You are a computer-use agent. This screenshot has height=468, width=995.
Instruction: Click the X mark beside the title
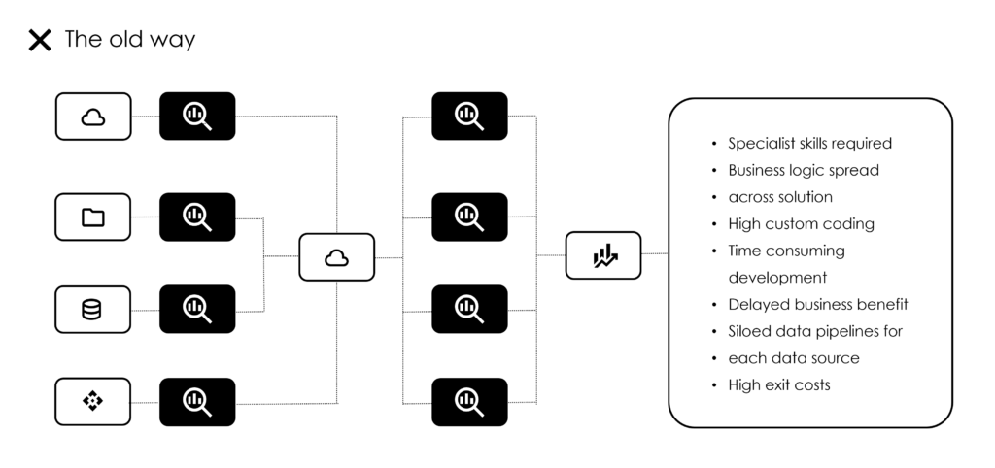pyautogui.click(x=39, y=40)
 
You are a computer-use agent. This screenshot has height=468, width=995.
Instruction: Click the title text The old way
pyautogui.click(x=130, y=39)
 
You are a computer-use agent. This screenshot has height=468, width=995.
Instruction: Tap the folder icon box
pyautogui.click(x=92, y=217)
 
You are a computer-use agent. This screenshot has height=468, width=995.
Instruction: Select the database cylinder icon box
pyautogui.click(x=92, y=310)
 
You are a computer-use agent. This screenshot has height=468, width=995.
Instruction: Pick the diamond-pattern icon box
pyautogui.click(x=92, y=401)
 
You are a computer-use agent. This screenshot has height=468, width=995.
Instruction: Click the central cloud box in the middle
pyautogui.click(x=337, y=257)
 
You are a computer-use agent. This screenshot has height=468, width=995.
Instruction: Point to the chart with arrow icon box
pyautogui.click(x=603, y=255)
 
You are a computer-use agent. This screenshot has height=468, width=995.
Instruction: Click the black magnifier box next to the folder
pyautogui.click(x=197, y=217)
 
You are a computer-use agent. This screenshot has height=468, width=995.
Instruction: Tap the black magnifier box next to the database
pyautogui.click(x=197, y=309)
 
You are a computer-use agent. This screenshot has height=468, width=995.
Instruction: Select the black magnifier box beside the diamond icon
pyautogui.click(x=197, y=402)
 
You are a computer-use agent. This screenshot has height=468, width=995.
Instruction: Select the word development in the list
pyautogui.click(x=778, y=279)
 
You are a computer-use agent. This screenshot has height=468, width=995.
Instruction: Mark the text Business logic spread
pyautogui.click(x=804, y=171)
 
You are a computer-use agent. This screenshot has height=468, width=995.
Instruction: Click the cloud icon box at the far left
pyautogui.click(x=93, y=117)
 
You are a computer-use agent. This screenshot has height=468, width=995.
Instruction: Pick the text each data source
pyautogui.click(x=794, y=358)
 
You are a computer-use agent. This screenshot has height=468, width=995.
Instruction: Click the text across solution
pyautogui.click(x=780, y=197)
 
